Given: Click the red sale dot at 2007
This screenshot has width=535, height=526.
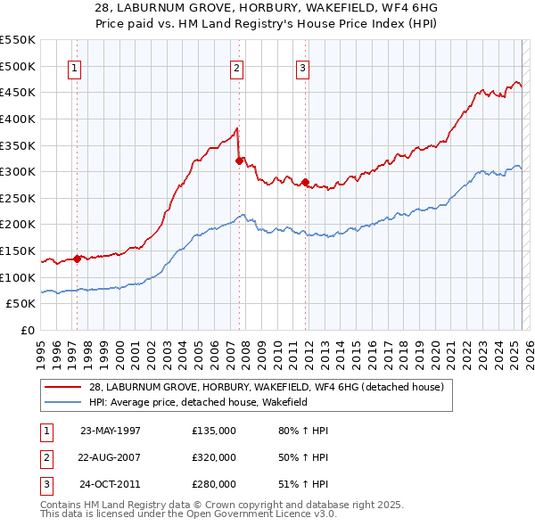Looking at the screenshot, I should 240,160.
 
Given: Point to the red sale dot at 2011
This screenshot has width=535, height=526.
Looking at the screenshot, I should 305,182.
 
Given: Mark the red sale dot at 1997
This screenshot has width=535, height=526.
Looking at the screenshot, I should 78,259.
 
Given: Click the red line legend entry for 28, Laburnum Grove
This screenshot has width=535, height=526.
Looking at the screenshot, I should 259,386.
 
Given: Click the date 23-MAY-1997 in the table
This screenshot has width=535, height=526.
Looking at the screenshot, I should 111,431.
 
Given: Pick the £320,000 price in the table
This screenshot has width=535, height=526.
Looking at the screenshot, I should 214,458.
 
